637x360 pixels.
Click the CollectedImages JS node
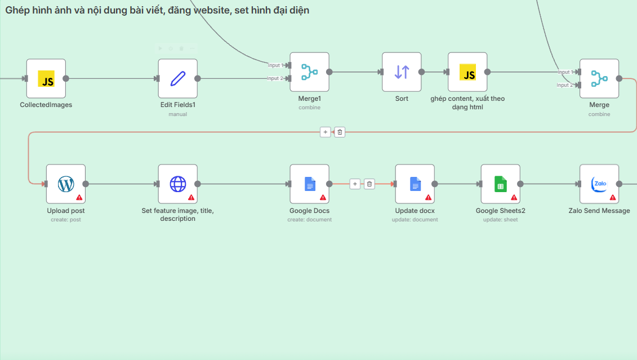point(46,78)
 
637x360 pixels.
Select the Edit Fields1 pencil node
point(177,78)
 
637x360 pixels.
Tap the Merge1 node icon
point(309,72)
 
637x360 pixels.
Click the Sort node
point(402,72)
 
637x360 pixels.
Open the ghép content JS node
point(467,72)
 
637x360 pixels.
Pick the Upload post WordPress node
point(66,184)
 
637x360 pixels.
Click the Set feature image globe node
point(177,184)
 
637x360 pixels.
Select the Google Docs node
point(309,184)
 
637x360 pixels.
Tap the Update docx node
point(415,184)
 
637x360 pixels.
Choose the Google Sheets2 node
point(500,184)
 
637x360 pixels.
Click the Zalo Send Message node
point(599,184)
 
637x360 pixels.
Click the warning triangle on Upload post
point(79,198)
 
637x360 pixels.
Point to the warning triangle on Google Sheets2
point(514,198)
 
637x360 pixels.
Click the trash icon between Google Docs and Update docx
point(369,184)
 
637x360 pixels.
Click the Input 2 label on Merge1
point(275,78)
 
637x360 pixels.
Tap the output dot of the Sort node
point(421,72)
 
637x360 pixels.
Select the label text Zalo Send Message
point(599,211)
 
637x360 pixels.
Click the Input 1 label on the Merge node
point(565,72)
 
